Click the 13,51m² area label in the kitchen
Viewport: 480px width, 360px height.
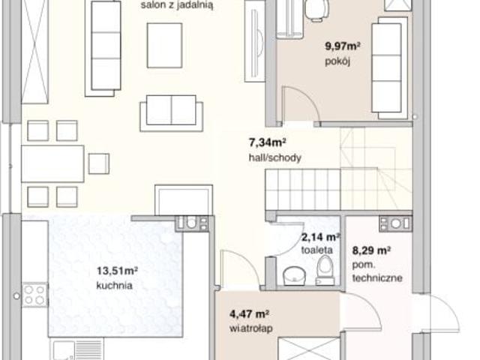click(117, 271)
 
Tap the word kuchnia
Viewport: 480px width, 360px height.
click(115, 286)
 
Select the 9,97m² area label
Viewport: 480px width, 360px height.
click(342, 46)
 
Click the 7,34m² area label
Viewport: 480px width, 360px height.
click(267, 142)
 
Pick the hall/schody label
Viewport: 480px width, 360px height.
click(275, 157)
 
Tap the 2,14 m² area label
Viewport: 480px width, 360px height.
click(320, 237)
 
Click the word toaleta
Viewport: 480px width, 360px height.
click(316, 250)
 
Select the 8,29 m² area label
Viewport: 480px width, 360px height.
click(371, 250)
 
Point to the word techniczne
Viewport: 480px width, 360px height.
click(377, 278)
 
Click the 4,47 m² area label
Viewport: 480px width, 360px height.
click(249, 314)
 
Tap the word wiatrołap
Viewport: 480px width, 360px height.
click(251, 328)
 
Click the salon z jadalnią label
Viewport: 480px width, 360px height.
click(177, 5)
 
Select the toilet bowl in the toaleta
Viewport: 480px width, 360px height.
click(325, 270)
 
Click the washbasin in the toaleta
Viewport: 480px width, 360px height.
click(294, 276)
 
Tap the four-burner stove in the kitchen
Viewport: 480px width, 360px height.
click(34, 295)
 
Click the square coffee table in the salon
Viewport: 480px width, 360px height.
click(165, 45)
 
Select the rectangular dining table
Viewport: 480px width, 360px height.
click(52, 163)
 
